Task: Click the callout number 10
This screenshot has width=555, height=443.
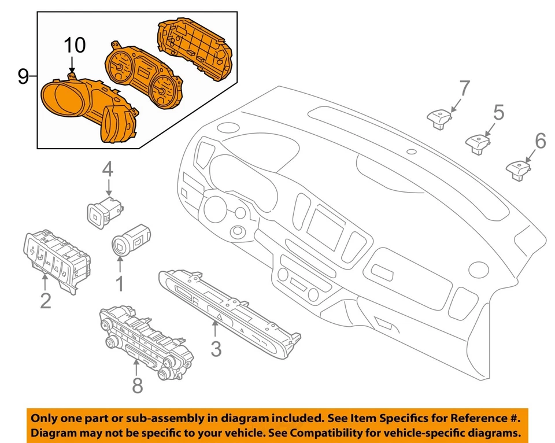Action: click(74, 45)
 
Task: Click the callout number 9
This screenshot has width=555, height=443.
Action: click(23, 76)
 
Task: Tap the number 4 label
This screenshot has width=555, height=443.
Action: click(108, 169)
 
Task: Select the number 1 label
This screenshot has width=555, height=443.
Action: click(120, 283)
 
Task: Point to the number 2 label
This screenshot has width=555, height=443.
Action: click(45, 300)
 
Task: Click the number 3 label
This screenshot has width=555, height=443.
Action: click(215, 349)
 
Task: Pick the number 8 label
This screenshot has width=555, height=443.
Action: click(137, 385)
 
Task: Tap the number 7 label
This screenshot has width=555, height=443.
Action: click(465, 88)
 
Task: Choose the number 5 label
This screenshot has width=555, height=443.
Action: click(498, 112)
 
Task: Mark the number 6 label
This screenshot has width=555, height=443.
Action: click(540, 141)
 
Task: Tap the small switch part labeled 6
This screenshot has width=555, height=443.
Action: click(519, 169)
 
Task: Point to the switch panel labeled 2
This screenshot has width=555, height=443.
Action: click(55, 257)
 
